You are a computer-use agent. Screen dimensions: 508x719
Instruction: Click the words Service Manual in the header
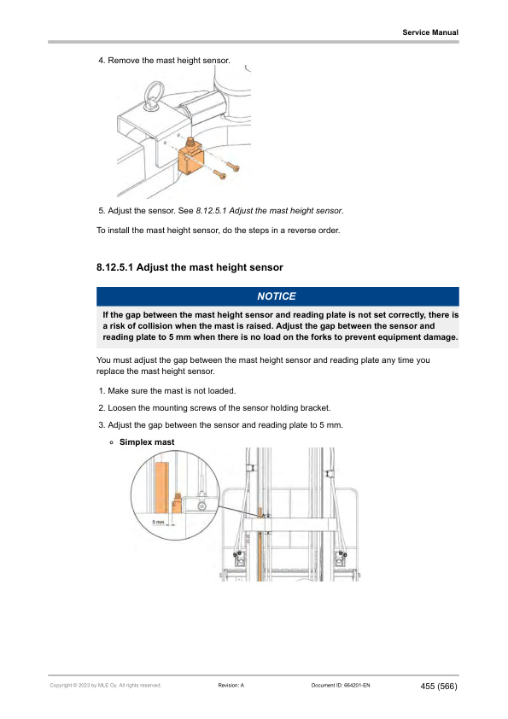point(430,32)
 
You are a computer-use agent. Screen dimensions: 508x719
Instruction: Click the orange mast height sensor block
point(190,156)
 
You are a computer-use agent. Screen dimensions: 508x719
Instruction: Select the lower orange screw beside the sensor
point(220,174)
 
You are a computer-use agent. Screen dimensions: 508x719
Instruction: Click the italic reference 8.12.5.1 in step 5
point(212,211)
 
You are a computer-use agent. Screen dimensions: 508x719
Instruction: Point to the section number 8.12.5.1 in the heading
point(114,267)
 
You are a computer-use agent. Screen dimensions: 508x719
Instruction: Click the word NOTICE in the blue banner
point(277,296)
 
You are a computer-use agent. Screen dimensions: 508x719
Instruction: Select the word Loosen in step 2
point(121,408)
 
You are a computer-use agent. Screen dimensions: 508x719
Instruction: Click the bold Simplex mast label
point(147,442)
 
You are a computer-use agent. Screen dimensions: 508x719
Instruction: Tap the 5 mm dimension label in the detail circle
point(158,522)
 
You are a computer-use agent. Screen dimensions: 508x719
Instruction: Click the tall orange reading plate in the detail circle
point(162,488)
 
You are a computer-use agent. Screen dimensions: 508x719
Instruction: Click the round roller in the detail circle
point(201,506)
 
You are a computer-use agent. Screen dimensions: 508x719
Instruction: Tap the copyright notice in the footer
point(106,686)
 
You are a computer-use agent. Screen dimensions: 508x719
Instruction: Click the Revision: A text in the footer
point(231,686)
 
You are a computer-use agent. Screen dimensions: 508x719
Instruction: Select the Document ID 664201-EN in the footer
point(341,686)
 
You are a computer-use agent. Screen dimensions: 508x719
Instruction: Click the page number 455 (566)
point(439,686)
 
